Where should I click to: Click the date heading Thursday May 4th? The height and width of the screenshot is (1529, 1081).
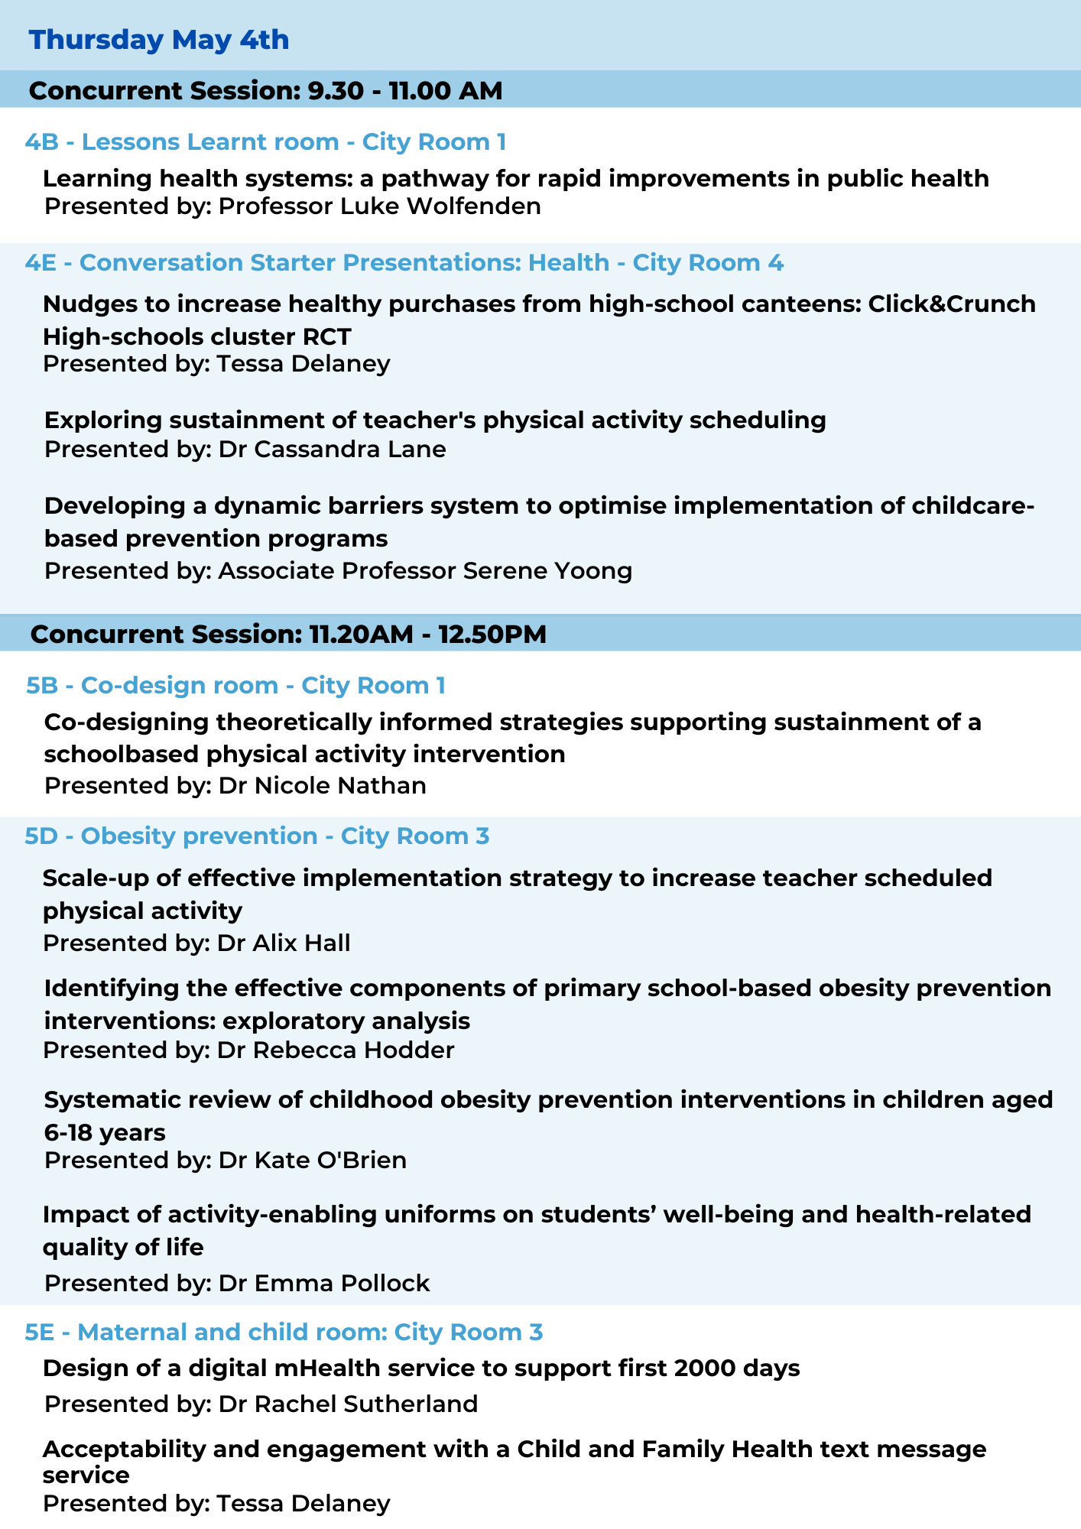point(159,40)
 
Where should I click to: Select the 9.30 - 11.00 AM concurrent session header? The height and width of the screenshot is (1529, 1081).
point(266,90)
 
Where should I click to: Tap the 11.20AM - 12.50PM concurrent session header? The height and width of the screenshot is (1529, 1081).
point(289,634)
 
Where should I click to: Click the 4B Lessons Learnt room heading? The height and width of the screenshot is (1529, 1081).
point(265,141)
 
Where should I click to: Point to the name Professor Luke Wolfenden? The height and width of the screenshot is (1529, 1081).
point(380,206)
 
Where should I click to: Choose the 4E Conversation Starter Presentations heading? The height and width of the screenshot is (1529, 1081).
point(404,262)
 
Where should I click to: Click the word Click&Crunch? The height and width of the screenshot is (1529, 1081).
point(952,304)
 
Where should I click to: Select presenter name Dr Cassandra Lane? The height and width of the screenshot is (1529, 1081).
point(333,449)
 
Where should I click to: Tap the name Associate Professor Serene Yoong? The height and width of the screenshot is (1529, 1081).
point(426,571)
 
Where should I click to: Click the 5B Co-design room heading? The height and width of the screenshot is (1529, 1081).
point(235,685)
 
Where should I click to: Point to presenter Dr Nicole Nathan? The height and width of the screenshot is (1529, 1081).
point(323,786)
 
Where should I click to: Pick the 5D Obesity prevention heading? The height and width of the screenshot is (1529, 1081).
point(257,836)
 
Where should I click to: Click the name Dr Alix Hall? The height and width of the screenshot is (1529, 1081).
point(284,943)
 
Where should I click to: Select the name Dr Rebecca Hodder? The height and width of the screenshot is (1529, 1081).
point(336,1050)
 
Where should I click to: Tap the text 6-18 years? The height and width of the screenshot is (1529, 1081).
point(105,1131)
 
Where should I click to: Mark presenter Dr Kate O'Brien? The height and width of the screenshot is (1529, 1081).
point(313,1161)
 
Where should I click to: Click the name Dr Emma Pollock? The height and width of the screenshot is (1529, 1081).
point(324,1283)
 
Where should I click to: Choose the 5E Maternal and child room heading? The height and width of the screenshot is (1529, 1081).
point(284,1332)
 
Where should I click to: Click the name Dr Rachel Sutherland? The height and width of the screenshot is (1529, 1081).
point(349,1404)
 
